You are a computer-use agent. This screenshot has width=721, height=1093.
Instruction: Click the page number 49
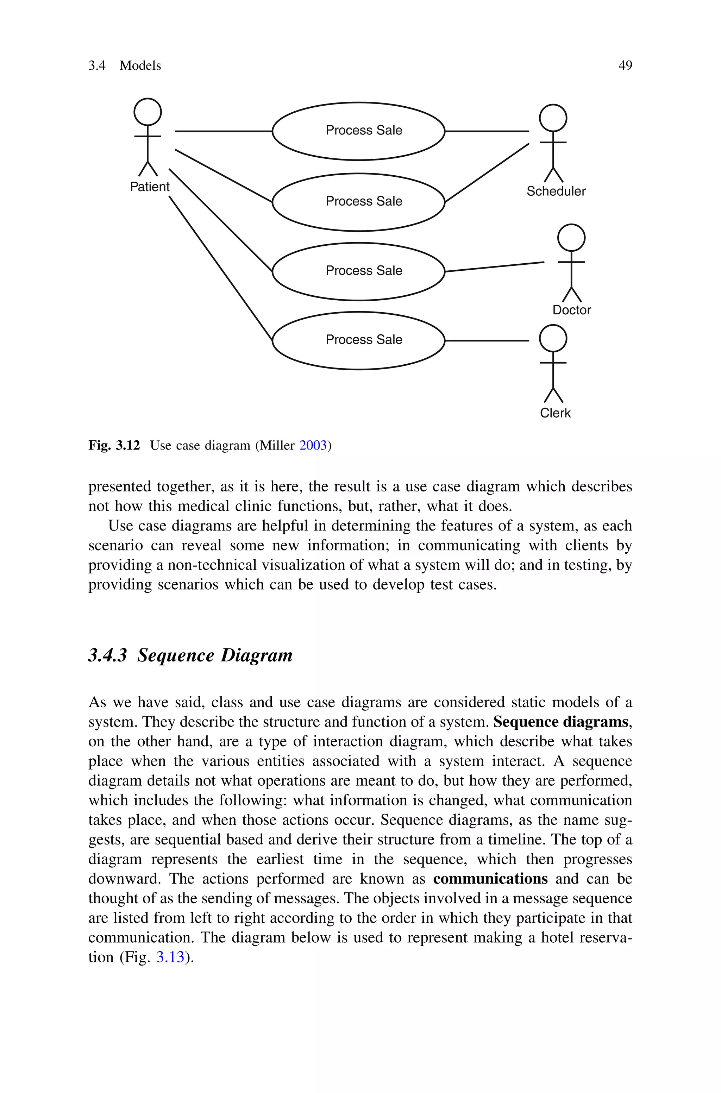(625, 66)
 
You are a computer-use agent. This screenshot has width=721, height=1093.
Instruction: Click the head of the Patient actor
(148, 112)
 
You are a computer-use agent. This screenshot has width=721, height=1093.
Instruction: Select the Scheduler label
(556, 191)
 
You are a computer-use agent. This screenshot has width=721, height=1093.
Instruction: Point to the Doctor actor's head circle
(571, 238)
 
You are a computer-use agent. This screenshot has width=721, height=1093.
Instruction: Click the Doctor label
(572, 310)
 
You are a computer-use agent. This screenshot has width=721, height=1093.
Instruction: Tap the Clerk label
(555, 413)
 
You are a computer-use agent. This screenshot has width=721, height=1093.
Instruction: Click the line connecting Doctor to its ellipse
(494, 267)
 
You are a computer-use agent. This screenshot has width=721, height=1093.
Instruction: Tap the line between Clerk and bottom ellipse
(487, 341)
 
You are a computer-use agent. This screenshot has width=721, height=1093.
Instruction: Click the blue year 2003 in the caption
(313, 445)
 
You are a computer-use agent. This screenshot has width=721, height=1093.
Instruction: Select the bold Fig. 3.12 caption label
(114, 445)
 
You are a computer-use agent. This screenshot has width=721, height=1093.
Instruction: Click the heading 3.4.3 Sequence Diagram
(190, 655)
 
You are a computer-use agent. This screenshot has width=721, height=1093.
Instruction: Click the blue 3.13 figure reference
(170, 957)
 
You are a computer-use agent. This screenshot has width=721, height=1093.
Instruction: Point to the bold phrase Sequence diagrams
(560, 722)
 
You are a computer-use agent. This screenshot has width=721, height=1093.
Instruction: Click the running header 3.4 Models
(125, 66)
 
